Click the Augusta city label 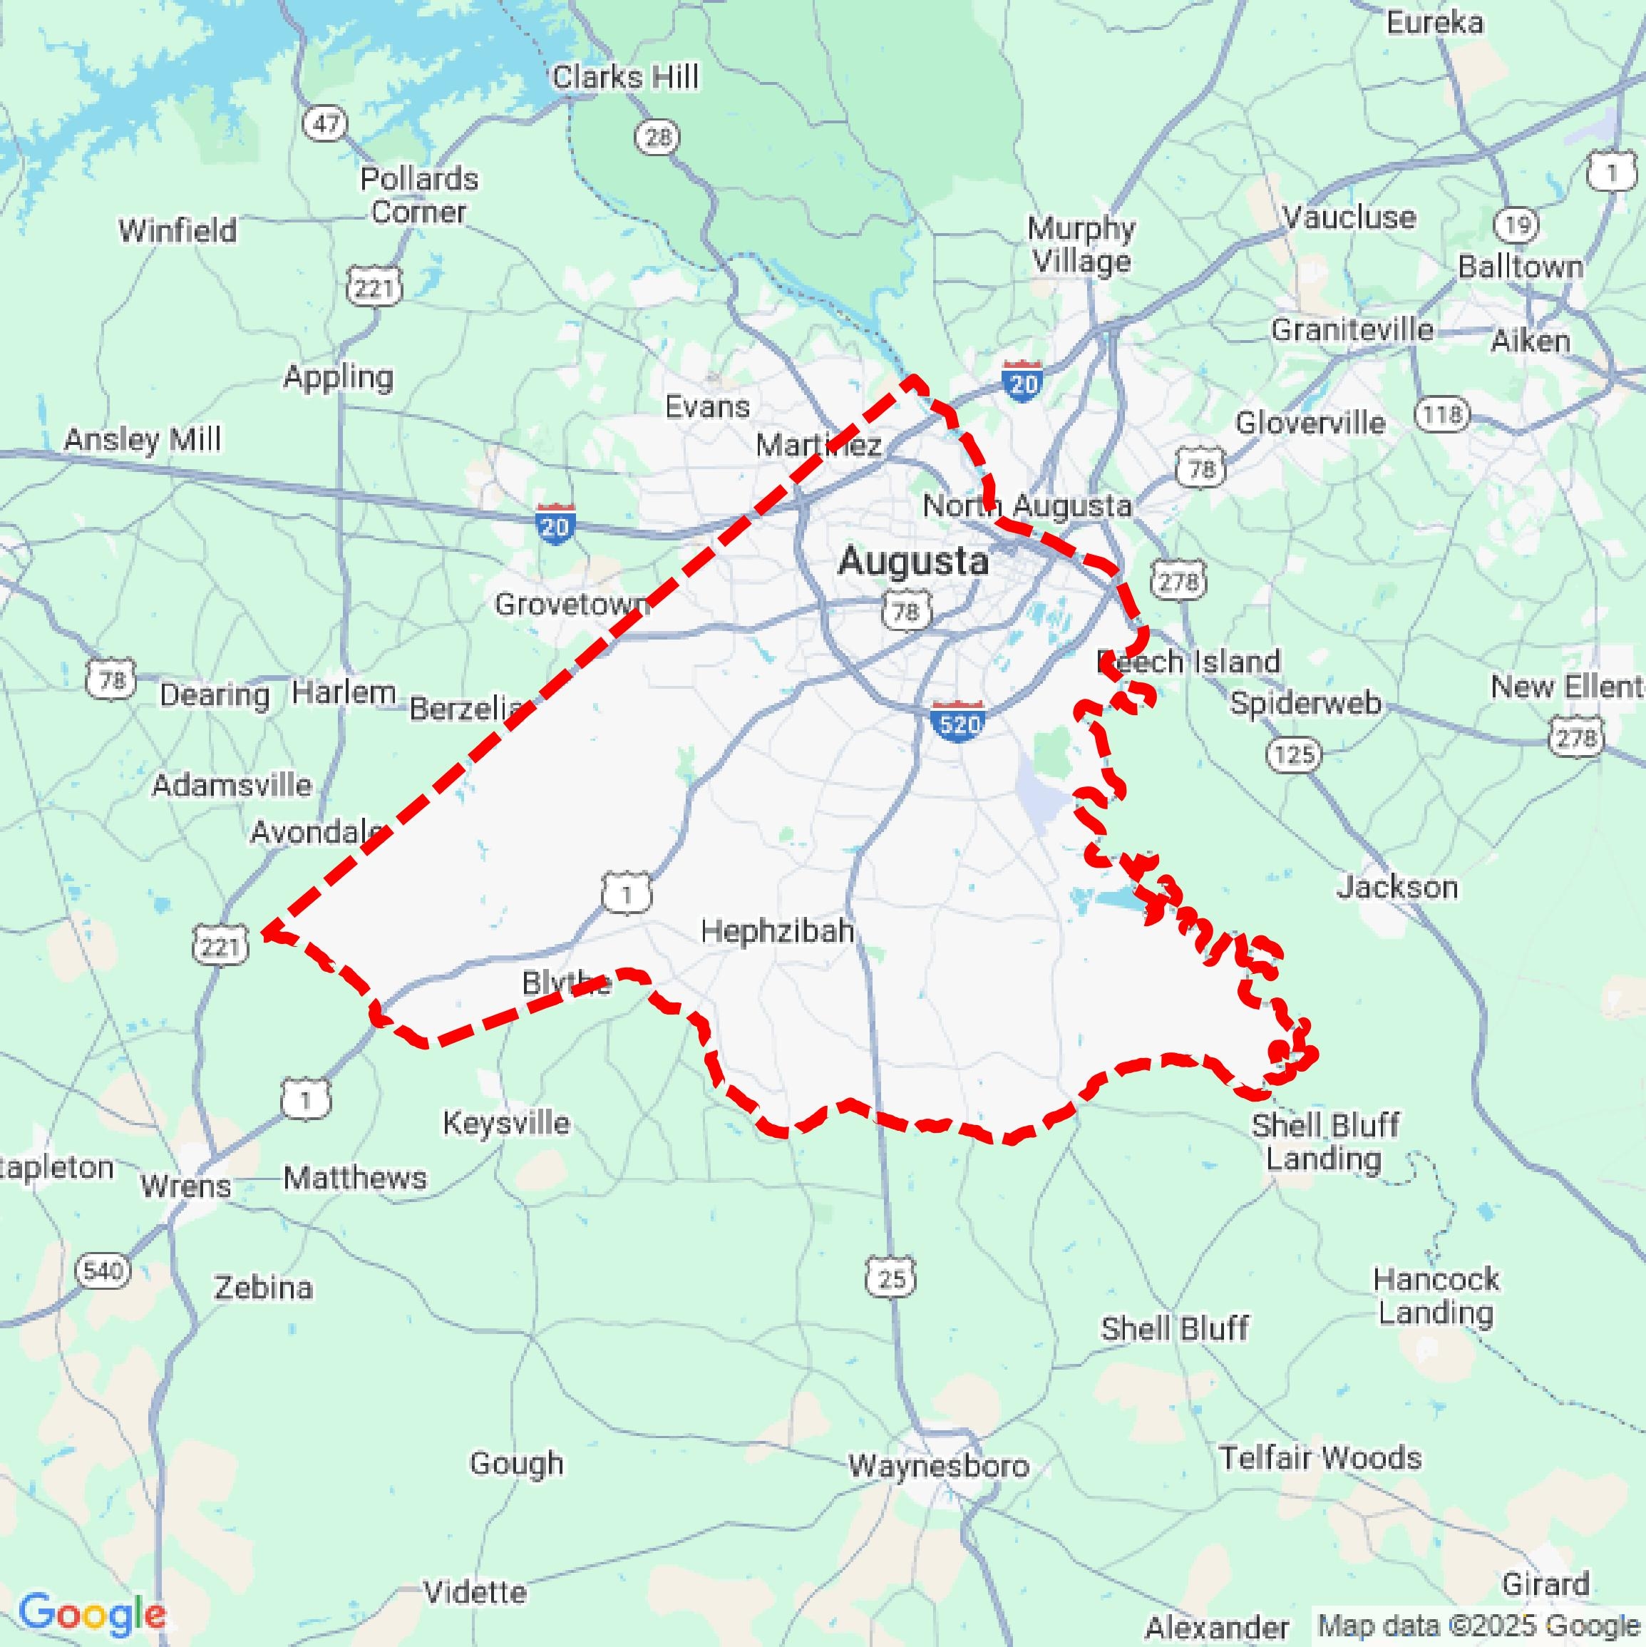(x=913, y=562)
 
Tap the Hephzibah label (x=778, y=931)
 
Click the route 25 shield (x=892, y=1278)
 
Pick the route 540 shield (x=104, y=1271)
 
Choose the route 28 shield (x=657, y=137)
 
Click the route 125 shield (x=1294, y=754)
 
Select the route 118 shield (x=1442, y=415)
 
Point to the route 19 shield (x=1517, y=225)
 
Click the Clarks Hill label (x=626, y=78)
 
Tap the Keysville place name (x=506, y=1123)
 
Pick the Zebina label (x=263, y=1287)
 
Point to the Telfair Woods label (x=1320, y=1458)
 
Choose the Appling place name (x=339, y=376)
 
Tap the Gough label (x=517, y=1463)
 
